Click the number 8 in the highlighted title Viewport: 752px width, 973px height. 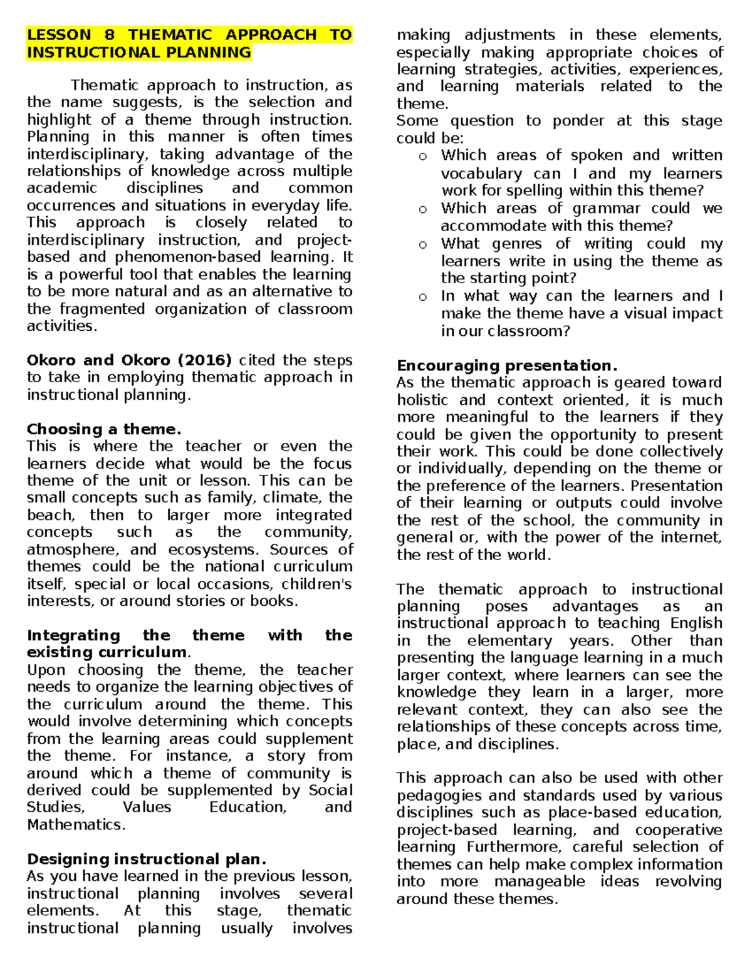(x=110, y=35)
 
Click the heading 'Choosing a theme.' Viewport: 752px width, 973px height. (x=104, y=429)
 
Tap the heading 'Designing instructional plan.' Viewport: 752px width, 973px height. (x=147, y=859)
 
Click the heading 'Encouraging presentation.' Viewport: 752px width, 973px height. (x=507, y=365)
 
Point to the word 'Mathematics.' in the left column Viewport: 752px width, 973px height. (x=76, y=825)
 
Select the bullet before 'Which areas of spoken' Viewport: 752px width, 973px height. (x=423, y=157)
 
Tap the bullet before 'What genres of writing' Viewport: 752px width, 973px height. (x=423, y=245)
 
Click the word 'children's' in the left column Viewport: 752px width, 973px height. (x=316, y=584)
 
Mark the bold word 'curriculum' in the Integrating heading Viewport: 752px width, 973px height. (x=142, y=652)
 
